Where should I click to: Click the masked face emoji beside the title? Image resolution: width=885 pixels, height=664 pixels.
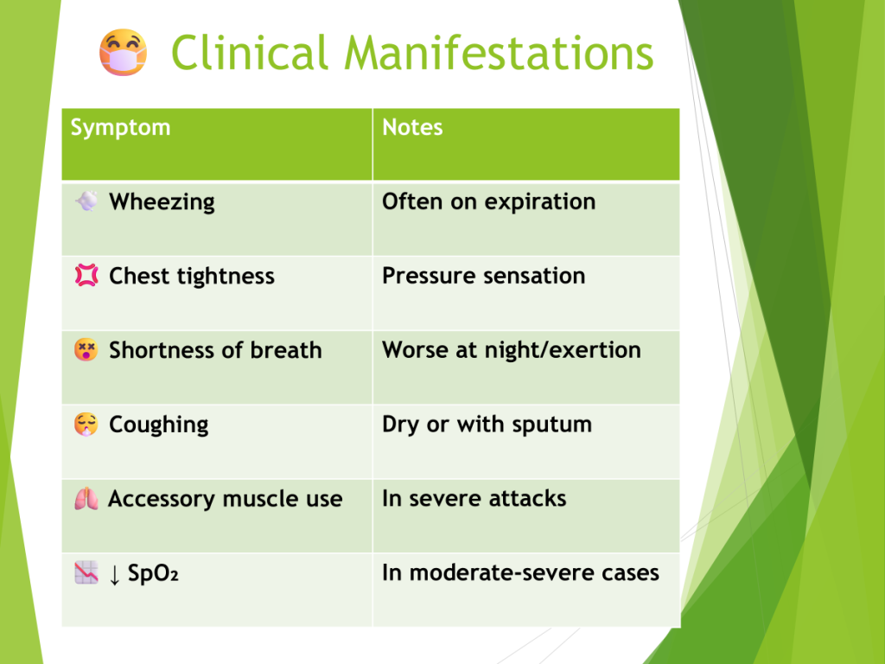(x=123, y=53)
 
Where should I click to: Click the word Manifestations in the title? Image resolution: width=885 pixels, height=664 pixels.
(x=499, y=53)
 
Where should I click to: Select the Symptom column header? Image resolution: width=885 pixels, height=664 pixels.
(x=120, y=128)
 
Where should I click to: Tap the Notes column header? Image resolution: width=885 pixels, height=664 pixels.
(x=412, y=128)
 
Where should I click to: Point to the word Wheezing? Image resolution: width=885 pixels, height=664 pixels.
(x=162, y=202)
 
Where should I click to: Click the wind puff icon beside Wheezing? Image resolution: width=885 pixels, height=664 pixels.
(x=86, y=201)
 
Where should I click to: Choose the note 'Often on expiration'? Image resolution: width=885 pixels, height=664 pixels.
(x=489, y=202)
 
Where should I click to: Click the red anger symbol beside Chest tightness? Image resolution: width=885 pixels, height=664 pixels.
(x=86, y=276)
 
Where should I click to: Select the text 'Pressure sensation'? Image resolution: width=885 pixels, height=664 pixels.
(x=484, y=276)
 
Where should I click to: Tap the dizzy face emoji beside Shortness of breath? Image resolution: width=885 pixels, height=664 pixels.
(x=86, y=349)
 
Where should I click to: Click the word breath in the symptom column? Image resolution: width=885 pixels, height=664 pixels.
(x=286, y=350)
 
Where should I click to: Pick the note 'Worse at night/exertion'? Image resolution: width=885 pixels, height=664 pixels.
(x=512, y=350)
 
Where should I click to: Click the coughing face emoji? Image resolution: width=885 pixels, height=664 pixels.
(x=86, y=424)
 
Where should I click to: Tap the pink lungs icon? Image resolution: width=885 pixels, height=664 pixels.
(x=86, y=499)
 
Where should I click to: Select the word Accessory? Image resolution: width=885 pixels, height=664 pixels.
(x=162, y=499)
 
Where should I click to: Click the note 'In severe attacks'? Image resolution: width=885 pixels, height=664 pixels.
(x=474, y=499)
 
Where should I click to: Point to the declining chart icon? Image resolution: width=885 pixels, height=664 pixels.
(x=86, y=572)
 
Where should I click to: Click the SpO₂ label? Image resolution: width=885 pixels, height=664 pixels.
(x=153, y=573)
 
